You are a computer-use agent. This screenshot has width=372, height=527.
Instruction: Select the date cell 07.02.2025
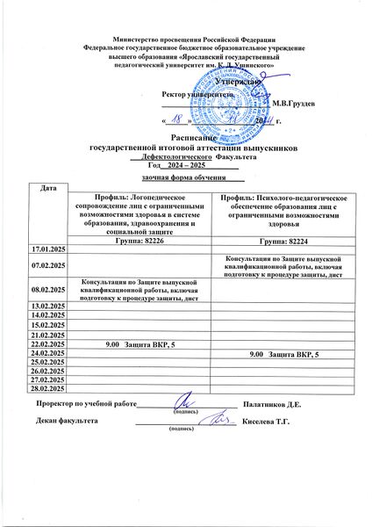(x=48, y=263)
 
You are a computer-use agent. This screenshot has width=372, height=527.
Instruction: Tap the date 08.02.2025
(x=48, y=287)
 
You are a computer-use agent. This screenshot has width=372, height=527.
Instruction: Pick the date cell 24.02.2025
(x=48, y=353)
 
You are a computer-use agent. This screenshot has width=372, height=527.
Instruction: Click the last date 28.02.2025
(x=48, y=386)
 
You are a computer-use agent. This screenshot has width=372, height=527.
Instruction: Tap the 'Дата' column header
(x=48, y=190)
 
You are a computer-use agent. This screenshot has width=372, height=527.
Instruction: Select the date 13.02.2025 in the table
(x=48, y=304)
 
